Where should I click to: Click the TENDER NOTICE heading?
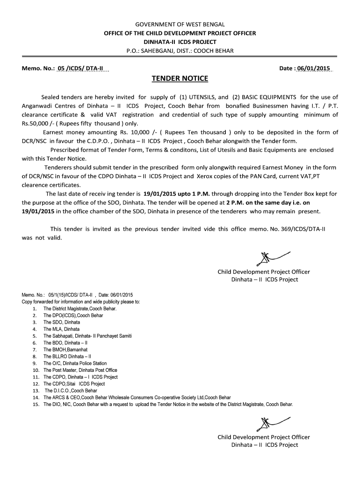coord(180,78)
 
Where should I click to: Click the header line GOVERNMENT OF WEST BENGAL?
coord(180,25)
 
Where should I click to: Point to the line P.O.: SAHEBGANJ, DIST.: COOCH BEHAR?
coord(180,51)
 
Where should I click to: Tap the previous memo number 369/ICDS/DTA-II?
coord(301,229)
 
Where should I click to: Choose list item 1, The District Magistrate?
coord(79,309)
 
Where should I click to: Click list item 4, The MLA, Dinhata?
coord(61,329)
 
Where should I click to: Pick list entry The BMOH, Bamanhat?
coord(65,349)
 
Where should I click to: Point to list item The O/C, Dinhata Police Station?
coord(75,363)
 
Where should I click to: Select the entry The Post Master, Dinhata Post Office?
coord(80,370)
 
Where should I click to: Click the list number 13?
coord(36,391)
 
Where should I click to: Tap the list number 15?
coord(36,404)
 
